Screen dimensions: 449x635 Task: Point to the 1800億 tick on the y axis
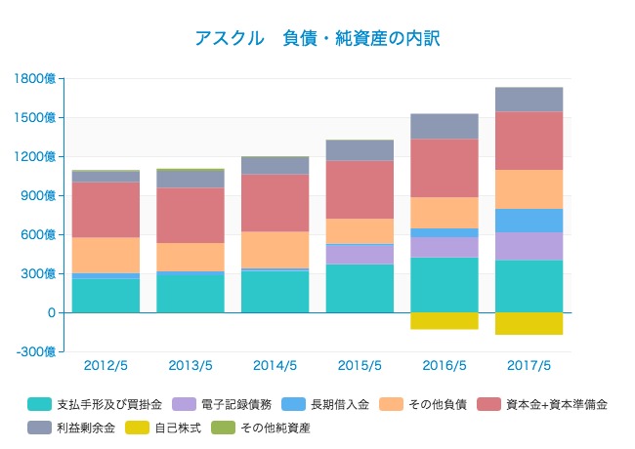pos(36,78)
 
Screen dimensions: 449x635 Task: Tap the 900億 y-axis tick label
pos(37,195)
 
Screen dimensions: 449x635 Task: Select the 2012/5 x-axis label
pos(106,366)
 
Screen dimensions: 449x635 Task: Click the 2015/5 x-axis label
pos(360,366)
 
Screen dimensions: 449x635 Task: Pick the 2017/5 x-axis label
pos(529,366)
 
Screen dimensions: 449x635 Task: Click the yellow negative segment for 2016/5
pos(444,320)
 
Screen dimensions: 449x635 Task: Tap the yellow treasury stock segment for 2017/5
pos(529,323)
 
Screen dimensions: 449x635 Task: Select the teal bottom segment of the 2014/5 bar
pos(275,291)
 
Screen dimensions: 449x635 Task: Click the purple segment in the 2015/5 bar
pos(360,254)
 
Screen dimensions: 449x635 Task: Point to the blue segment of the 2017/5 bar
pos(529,221)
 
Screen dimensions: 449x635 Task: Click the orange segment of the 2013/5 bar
pos(190,257)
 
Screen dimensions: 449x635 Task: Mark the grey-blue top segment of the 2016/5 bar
pos(444,126)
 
